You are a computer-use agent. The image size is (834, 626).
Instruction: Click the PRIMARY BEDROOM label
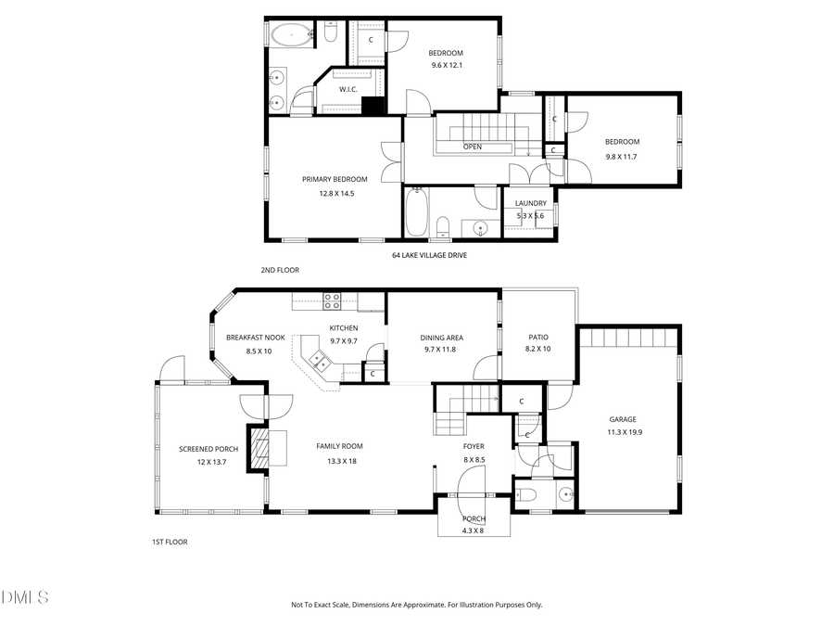coord(335,179)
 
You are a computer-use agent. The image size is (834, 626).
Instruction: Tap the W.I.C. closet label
coord(348,89)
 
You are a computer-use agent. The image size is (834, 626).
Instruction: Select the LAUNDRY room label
coord(530,203)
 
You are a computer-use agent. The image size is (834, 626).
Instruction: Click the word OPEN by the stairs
coord(473,147)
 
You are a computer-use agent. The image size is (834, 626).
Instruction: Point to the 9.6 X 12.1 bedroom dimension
coord(446,66)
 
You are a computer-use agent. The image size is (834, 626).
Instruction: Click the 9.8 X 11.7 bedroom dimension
coord(622,157)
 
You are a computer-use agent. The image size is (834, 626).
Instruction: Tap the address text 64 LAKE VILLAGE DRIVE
coord(429,254)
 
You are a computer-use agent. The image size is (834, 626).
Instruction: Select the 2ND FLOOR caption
coord(280,270)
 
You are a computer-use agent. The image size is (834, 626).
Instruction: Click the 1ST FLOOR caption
coord(170,542)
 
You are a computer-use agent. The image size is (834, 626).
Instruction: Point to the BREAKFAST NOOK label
coord(255,338)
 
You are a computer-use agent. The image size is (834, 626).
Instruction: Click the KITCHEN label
coord(344,328)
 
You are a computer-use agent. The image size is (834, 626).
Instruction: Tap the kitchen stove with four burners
coord(332,300)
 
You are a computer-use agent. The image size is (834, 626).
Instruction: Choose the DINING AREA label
coord(441,338)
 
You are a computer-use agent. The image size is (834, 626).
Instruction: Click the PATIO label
coord(538,338)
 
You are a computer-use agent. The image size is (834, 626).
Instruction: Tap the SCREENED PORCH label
coord(208,449)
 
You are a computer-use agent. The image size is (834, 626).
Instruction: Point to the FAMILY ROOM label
coord(339,446)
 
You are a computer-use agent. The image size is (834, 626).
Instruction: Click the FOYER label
coord(474,446)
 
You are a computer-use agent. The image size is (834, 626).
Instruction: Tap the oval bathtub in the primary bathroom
coord(294,35)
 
